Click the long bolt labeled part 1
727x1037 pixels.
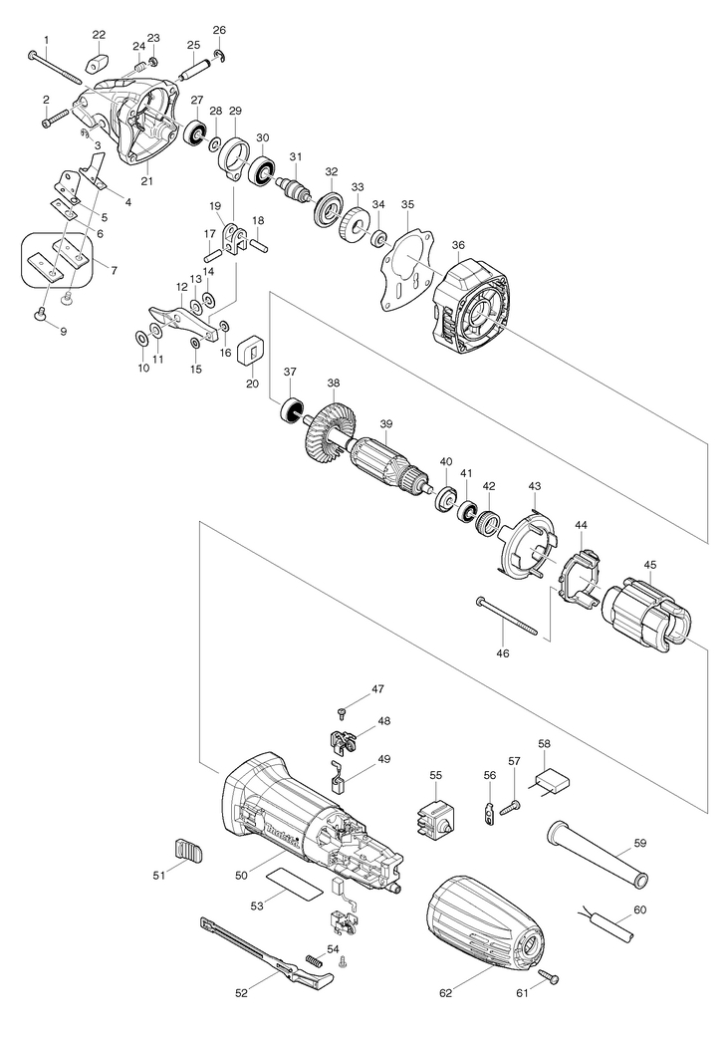point(56,68)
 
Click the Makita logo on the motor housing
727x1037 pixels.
point(284,835)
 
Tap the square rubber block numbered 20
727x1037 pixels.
point(251,351)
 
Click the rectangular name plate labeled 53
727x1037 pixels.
point(295,883)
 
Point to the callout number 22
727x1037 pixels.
point(99,35)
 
